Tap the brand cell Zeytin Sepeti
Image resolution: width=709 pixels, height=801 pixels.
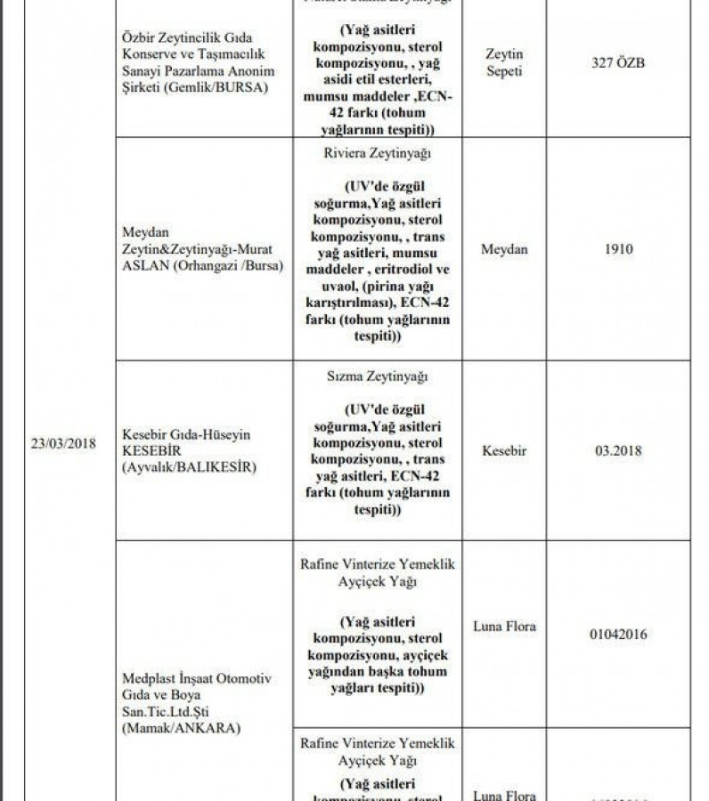tap(504, 62)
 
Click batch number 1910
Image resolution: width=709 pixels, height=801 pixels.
tap(617, 249)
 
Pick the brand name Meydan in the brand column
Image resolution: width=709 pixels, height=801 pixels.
tap(504, 249)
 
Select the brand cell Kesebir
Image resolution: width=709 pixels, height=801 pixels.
tap(503, 450)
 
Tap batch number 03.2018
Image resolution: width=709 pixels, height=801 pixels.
tap(619, 450)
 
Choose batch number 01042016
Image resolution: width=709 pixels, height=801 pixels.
tap(618, 635)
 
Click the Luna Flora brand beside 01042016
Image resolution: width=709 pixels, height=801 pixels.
tap(505, 627)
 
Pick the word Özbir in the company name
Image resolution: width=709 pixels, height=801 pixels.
tap(140, 37)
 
